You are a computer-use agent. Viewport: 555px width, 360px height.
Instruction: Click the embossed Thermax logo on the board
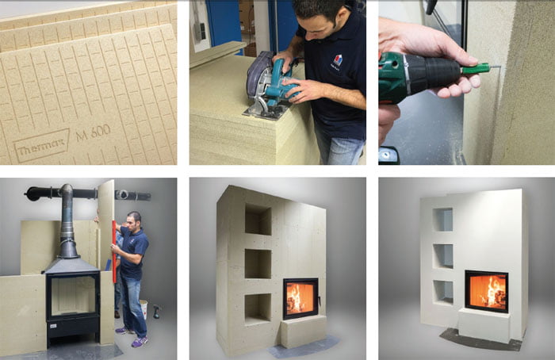(x=41, y=145)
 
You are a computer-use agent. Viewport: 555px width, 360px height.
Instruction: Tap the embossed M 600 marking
(x=93, y=133)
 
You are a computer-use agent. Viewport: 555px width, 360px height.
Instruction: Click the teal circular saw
(x=271, y=86)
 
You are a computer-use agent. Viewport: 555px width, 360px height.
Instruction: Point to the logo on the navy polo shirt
(x=337, y=60)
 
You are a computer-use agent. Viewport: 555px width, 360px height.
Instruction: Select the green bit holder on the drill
(x=475, y=67)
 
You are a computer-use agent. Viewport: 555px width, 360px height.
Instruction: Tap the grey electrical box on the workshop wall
(x=200, y=31)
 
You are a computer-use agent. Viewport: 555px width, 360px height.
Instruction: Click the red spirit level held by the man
(x=114, y=251)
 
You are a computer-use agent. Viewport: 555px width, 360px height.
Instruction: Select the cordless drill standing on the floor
(x=156, y=312)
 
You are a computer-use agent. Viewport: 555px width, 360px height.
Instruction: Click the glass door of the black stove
(x=73, y=296)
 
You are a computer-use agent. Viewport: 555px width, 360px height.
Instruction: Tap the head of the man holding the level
(x=134, y=220)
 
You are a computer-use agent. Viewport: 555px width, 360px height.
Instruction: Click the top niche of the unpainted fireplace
(x=258, y=220)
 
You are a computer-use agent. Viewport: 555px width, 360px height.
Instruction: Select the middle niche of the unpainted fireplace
(x=258, y=264)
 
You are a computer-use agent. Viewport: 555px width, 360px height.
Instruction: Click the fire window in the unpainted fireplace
(x=300, y=298)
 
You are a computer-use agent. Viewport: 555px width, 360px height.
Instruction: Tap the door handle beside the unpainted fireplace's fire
(x=320, y=301)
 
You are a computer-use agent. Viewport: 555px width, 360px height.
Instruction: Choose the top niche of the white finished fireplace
(x=442, y=220)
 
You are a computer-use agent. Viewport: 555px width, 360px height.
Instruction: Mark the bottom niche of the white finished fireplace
(x=443, y=293)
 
